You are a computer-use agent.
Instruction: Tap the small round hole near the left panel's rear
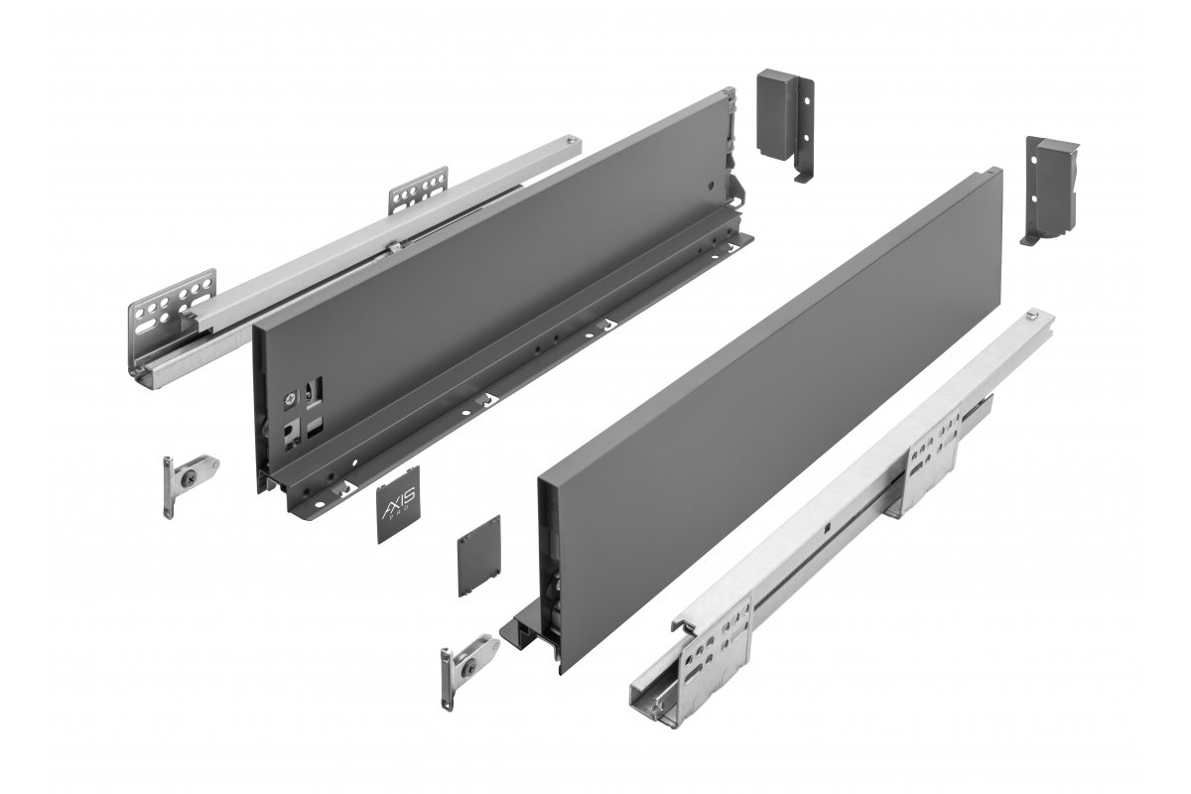pyautogui.click(x=707, y=186)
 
